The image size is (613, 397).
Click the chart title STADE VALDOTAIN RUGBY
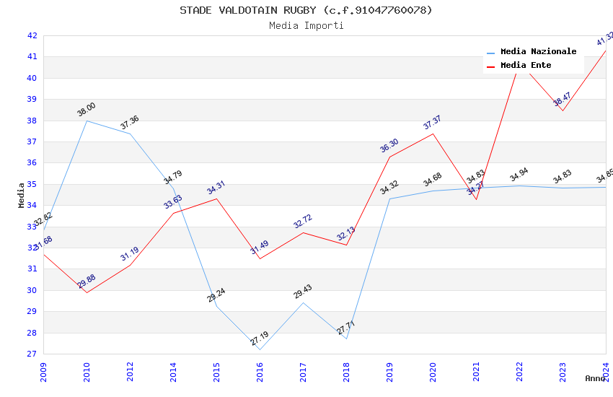pyautogui.click(x=306, y=10)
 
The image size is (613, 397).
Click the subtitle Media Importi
pyautogui.click(x=306, y=25)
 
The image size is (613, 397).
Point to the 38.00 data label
pyautogui.click(x=87, y=110)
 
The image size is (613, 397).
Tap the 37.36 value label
pyautogui.click(x=130, y=123)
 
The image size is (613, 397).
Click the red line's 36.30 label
pyautogui.click(x=389, y=146)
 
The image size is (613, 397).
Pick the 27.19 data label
pyautogui.click(x=260, y=338)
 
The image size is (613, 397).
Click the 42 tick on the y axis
pyautogui.click(x=32, y=35)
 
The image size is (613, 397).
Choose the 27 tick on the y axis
pyautogui.click(x=32, y=354)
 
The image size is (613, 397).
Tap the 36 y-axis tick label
pyautogui.click(x=32, y=163)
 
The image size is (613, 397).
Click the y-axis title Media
pyautogui.click(x=21, y=195)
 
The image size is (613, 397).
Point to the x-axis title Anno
pyautogui.click(x=595, y=378)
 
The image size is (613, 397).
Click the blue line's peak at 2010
pyautogui.click(x=87, y=121)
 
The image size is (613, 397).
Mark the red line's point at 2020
pyautogui.click(x=433, y=134)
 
